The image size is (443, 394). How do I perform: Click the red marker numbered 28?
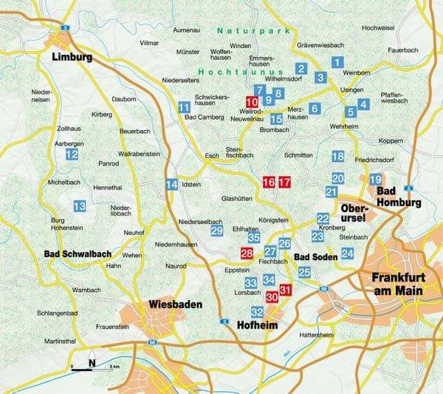[x=247, y=254]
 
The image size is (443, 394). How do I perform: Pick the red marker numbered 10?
[x=252, y=102]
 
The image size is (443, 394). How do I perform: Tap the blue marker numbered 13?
[x=79, y=206]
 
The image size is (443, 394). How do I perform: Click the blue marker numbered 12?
[x=72, y=154]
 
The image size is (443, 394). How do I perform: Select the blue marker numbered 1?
[x=337, y=63]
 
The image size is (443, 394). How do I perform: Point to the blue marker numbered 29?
[x=216, y=231]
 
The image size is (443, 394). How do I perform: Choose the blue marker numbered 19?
[x=375, y=180]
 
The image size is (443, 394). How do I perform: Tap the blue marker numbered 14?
[x=171, y=184]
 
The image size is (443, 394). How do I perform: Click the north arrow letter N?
[x=92, y=362]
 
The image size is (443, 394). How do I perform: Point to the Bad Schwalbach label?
[x=62, y=254]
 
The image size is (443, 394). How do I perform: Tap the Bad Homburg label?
[x=399, y=196]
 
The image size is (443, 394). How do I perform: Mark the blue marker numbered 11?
[x=184, y=107]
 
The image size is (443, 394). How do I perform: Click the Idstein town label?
[x=193, y=184]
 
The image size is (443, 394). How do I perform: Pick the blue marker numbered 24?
[x=348, y=254]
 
